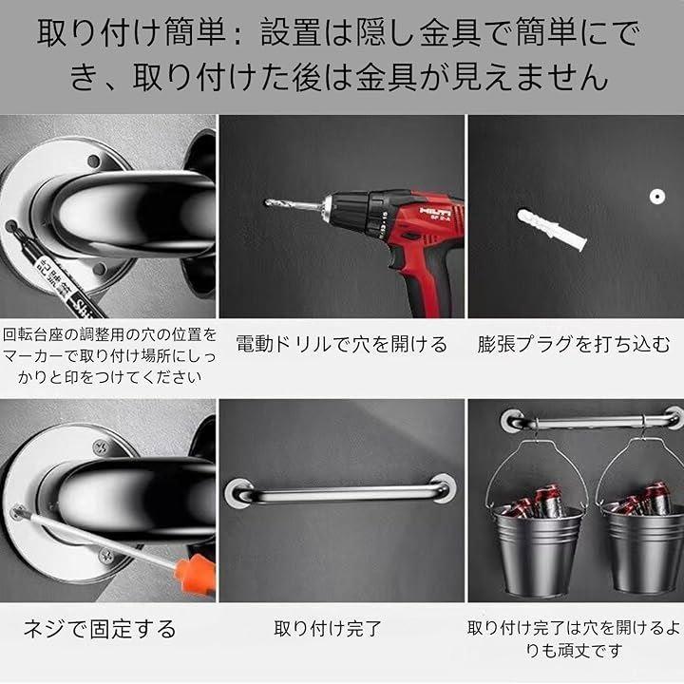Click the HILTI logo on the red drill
coord(435,212)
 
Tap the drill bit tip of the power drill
coord(267,202)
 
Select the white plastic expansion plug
coord(552,230)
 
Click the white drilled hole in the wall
coord(656,197)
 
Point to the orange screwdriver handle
coord(195,573)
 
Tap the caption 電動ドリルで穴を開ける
coord(342,344)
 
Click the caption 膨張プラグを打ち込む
coord(573,344)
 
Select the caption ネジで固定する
coord(100,629)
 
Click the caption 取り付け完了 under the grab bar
coord(328,629)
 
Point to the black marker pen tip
coord(9,226)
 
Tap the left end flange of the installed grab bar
coord(238,492)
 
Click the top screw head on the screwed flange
coord(103,447)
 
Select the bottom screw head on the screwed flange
coord(106,556)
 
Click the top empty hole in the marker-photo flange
coord(93,161)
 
